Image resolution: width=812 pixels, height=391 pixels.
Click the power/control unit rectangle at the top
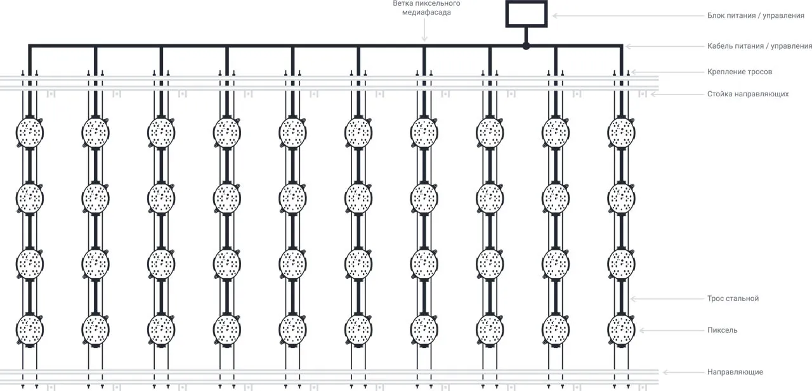[x=526, y=14]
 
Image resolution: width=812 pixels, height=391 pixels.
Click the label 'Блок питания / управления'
[x=756, y=15]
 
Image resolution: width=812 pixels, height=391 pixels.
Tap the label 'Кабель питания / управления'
[x=759, y=46]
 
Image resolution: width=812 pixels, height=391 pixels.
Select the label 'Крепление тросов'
[x=740, y=72]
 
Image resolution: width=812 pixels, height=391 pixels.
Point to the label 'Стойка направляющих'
[x=748, y=94]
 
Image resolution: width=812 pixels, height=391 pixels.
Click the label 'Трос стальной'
[x=733, y=298]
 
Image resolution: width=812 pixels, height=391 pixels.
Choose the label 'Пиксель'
[x=722, y=330]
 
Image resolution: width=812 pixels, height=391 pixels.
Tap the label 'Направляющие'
[x=735, y=372]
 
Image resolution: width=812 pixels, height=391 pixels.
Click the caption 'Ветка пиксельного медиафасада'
[x=426, y=8]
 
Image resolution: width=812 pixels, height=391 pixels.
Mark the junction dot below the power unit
[x=526, y=46]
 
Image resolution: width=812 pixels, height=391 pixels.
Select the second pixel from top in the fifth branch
[x=292, y=198]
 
